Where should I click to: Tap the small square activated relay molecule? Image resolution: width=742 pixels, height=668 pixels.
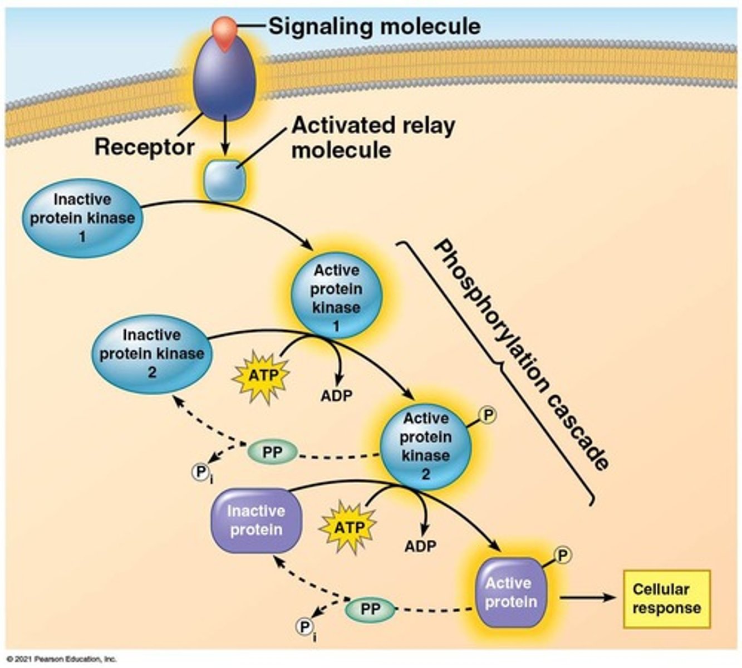pos(224,179)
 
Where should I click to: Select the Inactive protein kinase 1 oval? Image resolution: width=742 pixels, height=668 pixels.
pos(82,218)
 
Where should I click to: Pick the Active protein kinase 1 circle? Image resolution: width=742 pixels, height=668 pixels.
pos(336,298)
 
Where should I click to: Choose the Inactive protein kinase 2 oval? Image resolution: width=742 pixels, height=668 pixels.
pos(151,354)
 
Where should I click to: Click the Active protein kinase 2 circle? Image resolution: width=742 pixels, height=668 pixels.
pos(426,445)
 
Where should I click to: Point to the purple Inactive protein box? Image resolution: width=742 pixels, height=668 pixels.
pos(257,520)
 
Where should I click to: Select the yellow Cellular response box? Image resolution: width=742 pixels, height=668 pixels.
pos(666,599)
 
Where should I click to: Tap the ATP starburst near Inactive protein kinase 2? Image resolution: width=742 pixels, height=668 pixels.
pos(262,376)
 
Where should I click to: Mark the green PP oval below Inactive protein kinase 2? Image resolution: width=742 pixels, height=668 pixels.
pos(272,453)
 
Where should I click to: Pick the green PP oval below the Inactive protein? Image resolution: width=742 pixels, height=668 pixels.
pos(370,609)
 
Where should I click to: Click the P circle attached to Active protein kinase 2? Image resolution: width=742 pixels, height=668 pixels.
pos(488,415)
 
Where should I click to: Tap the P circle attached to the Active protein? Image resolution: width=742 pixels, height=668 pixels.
pos(563,554)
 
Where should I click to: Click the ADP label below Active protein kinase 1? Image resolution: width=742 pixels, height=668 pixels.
pos(336,396)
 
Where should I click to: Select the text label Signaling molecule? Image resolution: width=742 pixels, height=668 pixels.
pos(374,26)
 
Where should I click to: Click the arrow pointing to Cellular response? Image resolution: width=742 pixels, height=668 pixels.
pos(588,598)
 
